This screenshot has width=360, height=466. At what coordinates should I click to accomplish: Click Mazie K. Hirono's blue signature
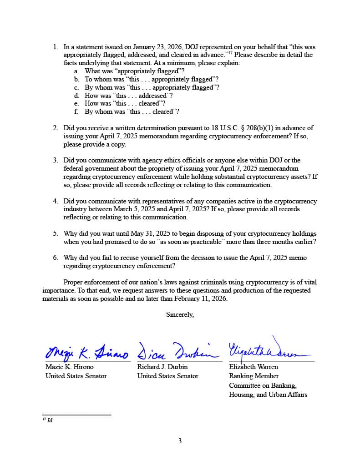[x=86, y=352]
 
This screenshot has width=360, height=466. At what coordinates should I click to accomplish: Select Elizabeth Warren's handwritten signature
[x=269, y=349]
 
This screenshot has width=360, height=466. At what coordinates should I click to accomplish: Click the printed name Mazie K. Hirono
[x=69, y=367]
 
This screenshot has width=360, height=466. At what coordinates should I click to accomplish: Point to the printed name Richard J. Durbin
[x=162, y=367]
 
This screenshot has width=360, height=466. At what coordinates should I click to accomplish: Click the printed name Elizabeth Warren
[x=253, y=367]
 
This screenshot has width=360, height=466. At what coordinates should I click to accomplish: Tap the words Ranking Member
[x=254, y=376]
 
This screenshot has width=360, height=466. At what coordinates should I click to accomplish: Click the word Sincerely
[x=180, y=314]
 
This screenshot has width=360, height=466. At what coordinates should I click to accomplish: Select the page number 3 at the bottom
[x=180, y=441]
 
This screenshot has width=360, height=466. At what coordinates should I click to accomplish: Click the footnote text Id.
[x=50, y=420]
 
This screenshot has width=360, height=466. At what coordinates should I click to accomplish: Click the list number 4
[x=55, y=201]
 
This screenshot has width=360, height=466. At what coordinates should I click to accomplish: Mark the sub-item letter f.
[x=76, y=112]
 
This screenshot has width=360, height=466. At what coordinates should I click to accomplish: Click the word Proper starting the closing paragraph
[x=73, y=282]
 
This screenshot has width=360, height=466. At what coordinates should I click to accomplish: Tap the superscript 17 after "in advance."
[x=231, y=53]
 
